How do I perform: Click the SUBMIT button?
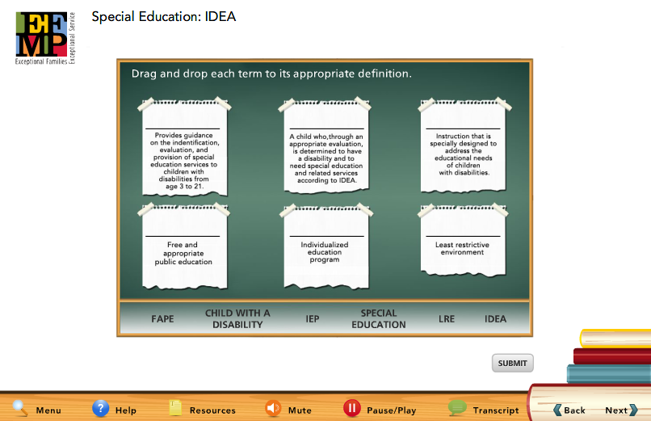click(512, 364)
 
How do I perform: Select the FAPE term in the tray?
click(162, 319)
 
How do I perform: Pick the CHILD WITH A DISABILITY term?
click(237, 319)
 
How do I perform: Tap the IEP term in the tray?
click(313, 319)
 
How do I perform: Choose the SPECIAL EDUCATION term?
click(379, 319)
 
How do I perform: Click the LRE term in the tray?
click(447, 319)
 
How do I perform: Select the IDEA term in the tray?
click(495, 319)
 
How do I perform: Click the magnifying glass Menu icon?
click(20, 408)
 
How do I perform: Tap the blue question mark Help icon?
click(100, 408)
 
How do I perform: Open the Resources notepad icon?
click(175, 408)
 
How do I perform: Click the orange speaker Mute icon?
click(273, 409)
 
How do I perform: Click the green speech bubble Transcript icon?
click(457, 408)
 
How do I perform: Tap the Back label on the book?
click(569, 410)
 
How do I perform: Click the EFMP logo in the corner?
click(45, 38)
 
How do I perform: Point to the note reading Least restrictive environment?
click(463, 241)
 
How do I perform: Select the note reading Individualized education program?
click(326, 247)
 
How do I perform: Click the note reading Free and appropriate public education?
click(185, 247)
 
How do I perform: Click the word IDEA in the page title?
click(220, 17)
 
